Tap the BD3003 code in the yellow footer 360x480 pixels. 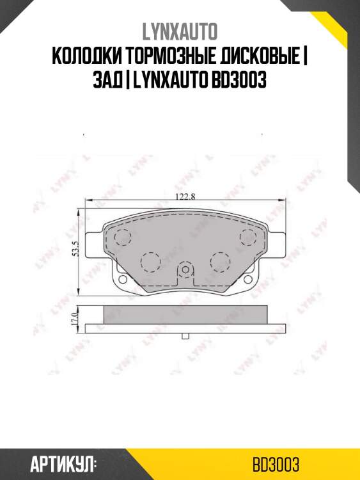pyautogui.click(x=276, y=463)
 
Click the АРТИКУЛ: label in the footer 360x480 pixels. pyautogui.click(x=63, y=463)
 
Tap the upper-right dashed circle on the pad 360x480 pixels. pyautogui.click(x=248, y=236)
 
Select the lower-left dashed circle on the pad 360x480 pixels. pyautogui.click(x=150, y=261)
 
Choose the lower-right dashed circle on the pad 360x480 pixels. pyautogui.click(x=220, y=261)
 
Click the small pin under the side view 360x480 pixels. pyautogui.click(x=185, y=335)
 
